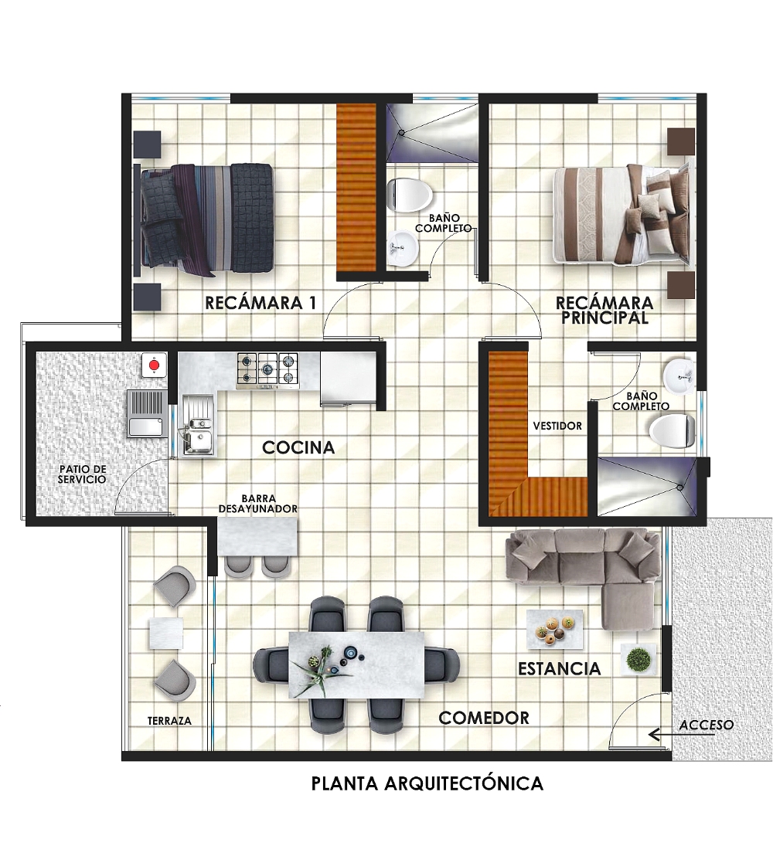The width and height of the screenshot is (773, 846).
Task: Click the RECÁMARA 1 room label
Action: (261, 303)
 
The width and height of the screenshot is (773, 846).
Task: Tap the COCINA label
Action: (298, 447)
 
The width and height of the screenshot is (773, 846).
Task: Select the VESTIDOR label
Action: (557, 426)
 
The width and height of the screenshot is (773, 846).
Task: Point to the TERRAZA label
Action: (169, 720)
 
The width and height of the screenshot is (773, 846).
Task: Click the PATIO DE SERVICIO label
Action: (83, 474)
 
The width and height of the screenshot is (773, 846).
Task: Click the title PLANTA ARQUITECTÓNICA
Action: (427, 783)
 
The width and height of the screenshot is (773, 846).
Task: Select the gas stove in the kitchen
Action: (267, 371)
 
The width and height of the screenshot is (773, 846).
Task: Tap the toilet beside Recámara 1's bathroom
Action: (409, 194)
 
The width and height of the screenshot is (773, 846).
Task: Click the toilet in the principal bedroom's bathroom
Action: (672, 431)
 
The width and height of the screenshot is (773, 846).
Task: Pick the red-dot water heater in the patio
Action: (155, 365)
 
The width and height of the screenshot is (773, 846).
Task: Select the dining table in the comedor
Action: (357, 664)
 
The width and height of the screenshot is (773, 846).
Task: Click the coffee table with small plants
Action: (555, 629)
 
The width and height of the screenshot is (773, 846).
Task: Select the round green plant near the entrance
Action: (639, 659)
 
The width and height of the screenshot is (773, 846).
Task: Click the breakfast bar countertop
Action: (257, 536)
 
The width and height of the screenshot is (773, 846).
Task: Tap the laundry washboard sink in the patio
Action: (146, 414)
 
